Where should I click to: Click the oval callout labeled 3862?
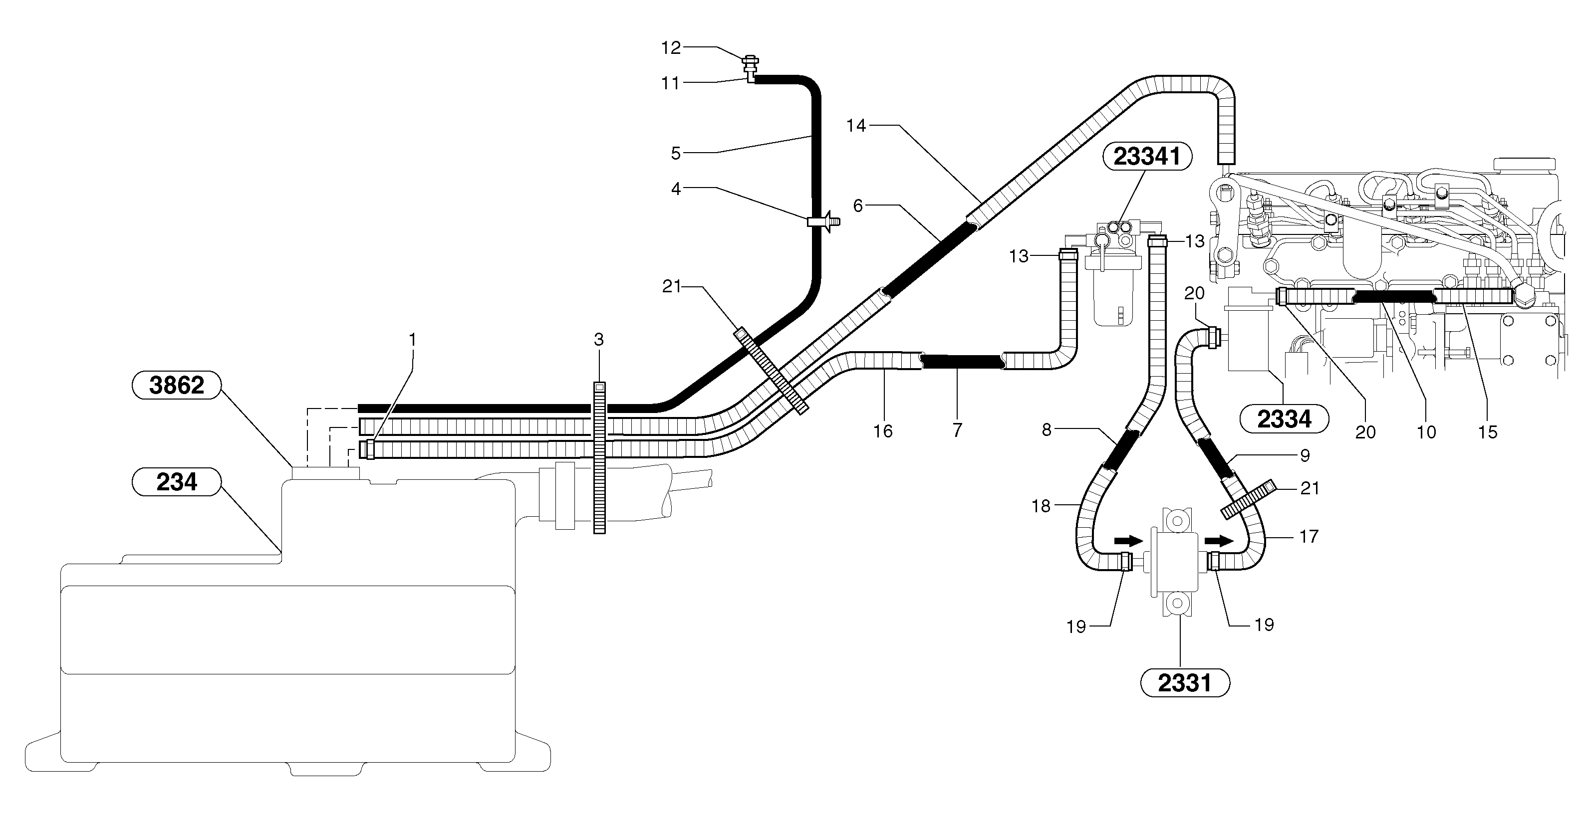pos(176,385)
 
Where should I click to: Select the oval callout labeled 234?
pos(176,482)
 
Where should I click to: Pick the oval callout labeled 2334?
pos(1284,419)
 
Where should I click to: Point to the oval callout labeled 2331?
pos(1185,683)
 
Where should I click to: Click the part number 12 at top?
pos(671,48)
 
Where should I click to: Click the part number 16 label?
pos(882,431)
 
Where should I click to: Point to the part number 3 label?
pos(599,339)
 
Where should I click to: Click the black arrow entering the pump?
pos(1128,541)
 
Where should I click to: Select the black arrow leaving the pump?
pos(1218,541)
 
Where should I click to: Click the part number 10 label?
pos(1426,432)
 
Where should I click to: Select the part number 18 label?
pos(1041,506)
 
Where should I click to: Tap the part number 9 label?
pos(1305,455)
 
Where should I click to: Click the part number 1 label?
pos(412,339)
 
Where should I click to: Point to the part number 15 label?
pos(1488,432)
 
